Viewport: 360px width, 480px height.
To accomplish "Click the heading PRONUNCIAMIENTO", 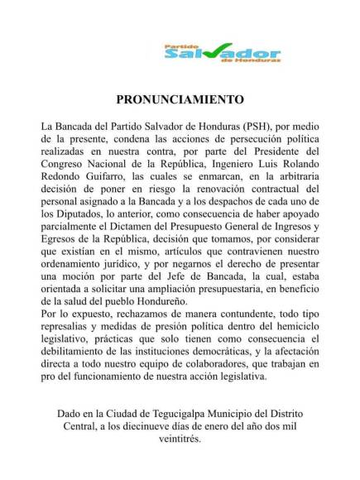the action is click(x=180, y=97).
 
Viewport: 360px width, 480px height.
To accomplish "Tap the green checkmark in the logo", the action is click(x=217, y=54).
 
